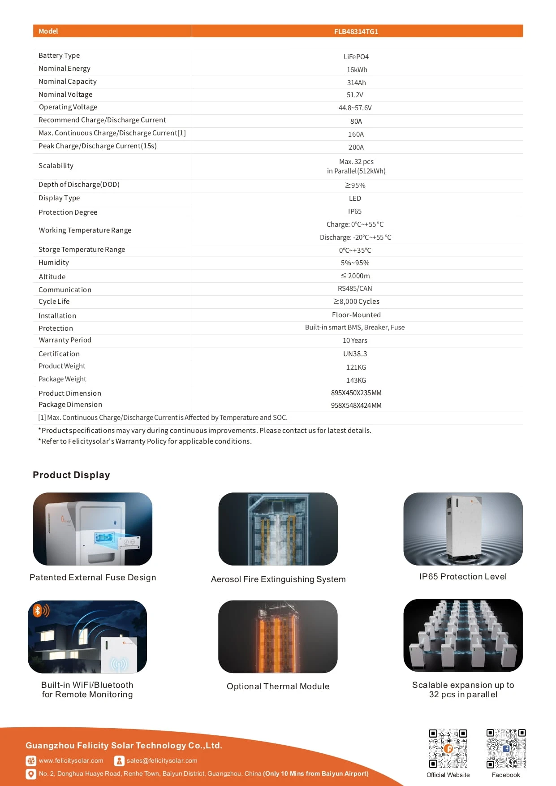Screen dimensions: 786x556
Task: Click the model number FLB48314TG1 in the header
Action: (x=356, y=31)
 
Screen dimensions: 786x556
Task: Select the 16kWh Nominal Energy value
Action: (x=357, y=70)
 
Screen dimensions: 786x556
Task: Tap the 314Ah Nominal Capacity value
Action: (x=356, y=83)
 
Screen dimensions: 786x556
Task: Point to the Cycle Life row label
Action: (x=54, y=302)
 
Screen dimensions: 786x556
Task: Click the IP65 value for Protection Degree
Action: (x=354, y=212)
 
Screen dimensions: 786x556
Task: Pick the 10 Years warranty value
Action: (x=355, y=341)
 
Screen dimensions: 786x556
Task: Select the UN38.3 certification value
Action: (x=355, y=354)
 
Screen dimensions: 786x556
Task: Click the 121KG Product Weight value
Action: (x=356, y=367)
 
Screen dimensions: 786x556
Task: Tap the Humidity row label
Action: (x=54, y=263)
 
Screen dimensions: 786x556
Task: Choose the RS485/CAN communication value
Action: (x=355, y=289)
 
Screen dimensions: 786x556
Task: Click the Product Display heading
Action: (x=71, y=475)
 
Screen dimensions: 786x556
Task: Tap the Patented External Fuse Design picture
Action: (x=93, y=529)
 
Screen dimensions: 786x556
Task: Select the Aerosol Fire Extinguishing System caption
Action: (x=278, y=579)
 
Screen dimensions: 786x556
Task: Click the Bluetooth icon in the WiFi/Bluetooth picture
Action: (x=38, y=610)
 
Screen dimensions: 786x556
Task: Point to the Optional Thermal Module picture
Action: (x=278, y=636)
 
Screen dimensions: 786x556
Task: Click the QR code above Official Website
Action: (x=448, y=748)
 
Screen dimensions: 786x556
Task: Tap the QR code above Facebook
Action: (x=506, y=748)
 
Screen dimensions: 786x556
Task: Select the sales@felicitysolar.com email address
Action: (x=162, y=760)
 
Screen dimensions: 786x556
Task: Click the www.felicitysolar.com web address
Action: (x=71, y=760)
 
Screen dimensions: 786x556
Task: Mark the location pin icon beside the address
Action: (x=31, y=774)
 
